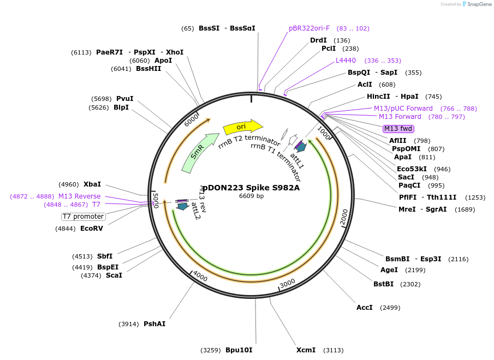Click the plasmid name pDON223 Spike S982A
point(251,188)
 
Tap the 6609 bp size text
point(251,196)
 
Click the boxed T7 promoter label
point(83,217)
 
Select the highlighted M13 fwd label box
point(398,129)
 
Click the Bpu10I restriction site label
point(239,350)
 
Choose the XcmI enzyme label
point(306,350)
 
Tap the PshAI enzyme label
point(154,324)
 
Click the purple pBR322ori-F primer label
point(309,28)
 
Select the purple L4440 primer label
point(346,61)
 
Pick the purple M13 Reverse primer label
point(79,196)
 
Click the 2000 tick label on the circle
point(344,217)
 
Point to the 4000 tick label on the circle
point(200,277)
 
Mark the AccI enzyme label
point(364,308)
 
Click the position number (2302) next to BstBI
point(410,284)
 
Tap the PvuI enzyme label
point(124,99)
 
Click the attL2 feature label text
point(196,211)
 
